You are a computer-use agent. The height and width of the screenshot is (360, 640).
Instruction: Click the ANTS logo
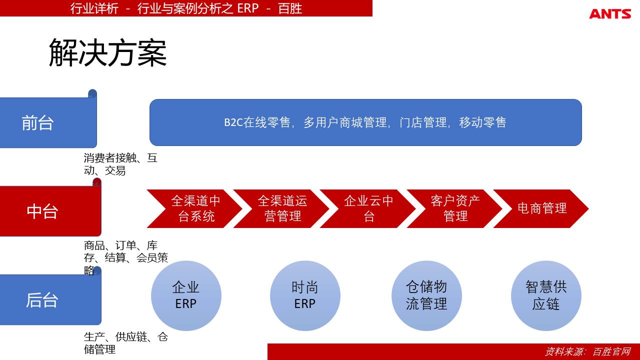pos(610,13)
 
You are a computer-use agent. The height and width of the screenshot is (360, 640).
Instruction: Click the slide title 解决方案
pos(107,53)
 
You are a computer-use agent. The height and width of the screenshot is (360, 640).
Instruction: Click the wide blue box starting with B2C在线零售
pos(365,122)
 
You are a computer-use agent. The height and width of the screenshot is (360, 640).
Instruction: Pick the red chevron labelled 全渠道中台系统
pos(195,208)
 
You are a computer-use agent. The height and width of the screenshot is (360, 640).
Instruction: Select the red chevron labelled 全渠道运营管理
pos(281,208)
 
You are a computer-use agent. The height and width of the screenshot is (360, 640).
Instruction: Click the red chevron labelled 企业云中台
pos(368,208)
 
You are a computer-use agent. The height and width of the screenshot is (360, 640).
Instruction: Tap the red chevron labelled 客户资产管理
pos(454,208)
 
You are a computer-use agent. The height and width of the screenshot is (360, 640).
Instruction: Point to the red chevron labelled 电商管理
pos(541,208)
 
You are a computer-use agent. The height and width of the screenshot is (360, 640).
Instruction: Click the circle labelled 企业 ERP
pos(186,295)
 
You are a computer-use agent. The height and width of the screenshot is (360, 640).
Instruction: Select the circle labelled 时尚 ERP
pos(305,295)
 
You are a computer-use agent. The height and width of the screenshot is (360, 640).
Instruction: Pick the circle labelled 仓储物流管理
pos(426,295)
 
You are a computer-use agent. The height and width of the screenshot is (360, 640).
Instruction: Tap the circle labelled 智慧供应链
pos(546,295)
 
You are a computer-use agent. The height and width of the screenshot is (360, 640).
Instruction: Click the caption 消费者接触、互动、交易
pos(120,164)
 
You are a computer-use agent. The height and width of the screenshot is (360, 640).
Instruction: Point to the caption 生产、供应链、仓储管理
pos(125,343)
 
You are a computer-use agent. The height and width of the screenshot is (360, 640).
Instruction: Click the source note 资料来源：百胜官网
pos(588,351)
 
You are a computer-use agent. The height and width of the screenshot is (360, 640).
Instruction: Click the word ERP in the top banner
pos(247,8)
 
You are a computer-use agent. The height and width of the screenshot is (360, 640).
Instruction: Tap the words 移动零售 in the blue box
pos(482,122)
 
